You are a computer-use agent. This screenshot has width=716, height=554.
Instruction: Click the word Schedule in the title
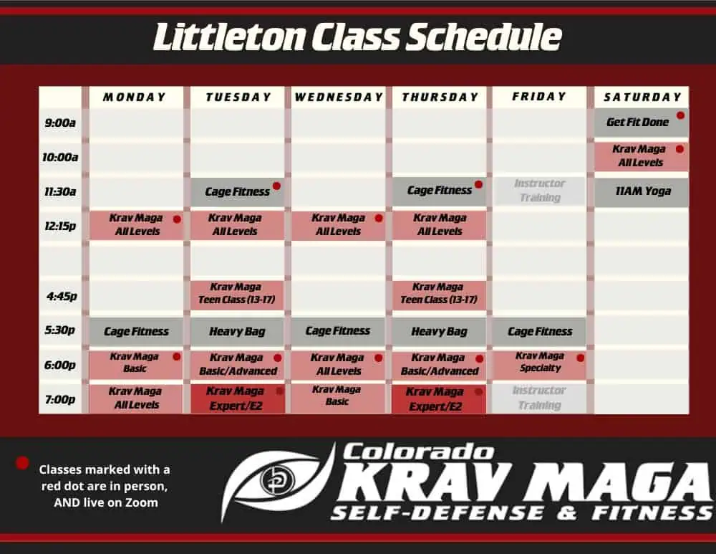click(x=483, y=37)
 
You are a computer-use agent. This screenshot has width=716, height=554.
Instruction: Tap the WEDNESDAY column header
click(x=339, y=97)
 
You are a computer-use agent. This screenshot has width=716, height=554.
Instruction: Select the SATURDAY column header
click(x=642, y=97)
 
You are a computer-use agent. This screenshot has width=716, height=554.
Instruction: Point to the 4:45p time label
click(x=62, y=296)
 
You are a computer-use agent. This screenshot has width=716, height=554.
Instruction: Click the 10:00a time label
click(x=60, y=157)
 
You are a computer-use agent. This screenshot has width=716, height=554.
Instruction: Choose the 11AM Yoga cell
click(x=642, y=191)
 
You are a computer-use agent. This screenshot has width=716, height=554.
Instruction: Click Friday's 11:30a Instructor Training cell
click(x=539, y=191)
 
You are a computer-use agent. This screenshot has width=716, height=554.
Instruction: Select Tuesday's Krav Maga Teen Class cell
click(x=237, y=294)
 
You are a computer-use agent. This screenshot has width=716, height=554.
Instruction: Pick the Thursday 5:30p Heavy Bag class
click(x=440, y=331)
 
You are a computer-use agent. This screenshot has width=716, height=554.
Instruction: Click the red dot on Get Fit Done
click(x=680, y=115)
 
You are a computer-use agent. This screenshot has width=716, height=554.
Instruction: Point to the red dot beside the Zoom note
click(x=22, y=463)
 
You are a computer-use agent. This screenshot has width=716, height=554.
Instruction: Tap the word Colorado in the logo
click(x=418, y=452)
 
